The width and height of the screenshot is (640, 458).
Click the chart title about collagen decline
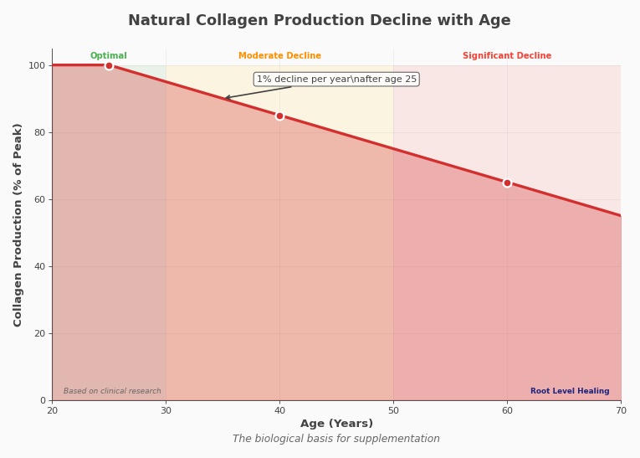coord(319,21)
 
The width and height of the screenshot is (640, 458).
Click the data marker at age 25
coord(109,65)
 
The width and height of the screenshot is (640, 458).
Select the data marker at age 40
coord(279,116)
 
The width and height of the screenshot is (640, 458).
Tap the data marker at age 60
coord(507,183)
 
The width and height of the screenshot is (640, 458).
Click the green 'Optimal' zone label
coord(109,56)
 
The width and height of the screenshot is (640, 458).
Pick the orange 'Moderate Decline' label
coord(279,56)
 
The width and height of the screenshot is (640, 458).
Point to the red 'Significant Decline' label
coord(507,56)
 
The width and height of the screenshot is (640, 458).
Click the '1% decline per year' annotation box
coord(336,80)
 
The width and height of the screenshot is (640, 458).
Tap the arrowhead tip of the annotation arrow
coord(225,98)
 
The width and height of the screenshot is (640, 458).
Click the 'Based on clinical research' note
coord(112,391)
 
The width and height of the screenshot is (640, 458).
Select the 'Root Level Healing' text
coord(570,391)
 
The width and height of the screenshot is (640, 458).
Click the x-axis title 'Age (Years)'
coord(336,424)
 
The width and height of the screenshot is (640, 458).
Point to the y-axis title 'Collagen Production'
coord(18,224)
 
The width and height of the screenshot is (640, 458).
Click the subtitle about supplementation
coord(336,439)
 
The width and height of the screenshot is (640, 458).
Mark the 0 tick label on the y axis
coord(43,400)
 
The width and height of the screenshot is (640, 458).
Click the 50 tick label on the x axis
coord(393,409)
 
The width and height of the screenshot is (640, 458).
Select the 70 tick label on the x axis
coord(621,409)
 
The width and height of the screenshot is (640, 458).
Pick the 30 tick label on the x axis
coord(166,409)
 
